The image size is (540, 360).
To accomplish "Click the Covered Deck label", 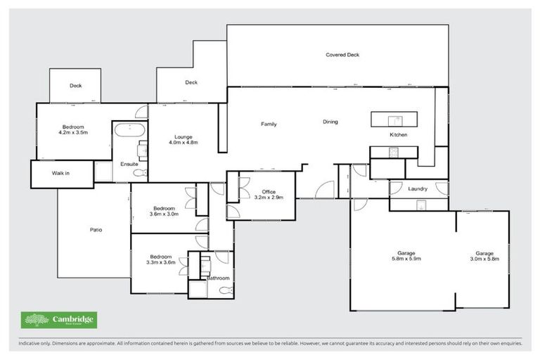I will point(343,54).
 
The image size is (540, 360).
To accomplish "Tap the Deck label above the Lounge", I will point(191,82).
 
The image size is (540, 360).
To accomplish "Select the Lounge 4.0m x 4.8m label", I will point(184,139).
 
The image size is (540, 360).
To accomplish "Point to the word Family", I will point(269,124).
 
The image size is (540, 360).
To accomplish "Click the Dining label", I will point(330,122).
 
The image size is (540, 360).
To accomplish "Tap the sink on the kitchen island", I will point(395,119).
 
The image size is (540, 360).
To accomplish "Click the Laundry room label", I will point(418,188).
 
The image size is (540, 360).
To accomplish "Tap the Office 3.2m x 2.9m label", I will point(269,195).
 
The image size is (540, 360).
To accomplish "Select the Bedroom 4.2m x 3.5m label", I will point(73,129).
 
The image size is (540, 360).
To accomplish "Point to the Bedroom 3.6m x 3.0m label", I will point(165,211).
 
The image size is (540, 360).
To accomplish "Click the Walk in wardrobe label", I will point(61,172).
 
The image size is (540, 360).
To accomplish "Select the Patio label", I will point(96,230).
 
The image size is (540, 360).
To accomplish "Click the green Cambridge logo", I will point(59,320).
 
